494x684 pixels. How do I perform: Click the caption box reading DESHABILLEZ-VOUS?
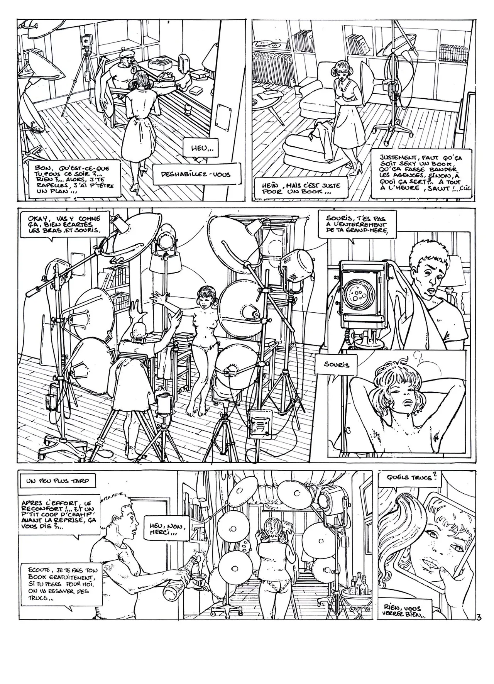tap(197, 174)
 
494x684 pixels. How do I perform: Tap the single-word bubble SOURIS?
tap(337, 364)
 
